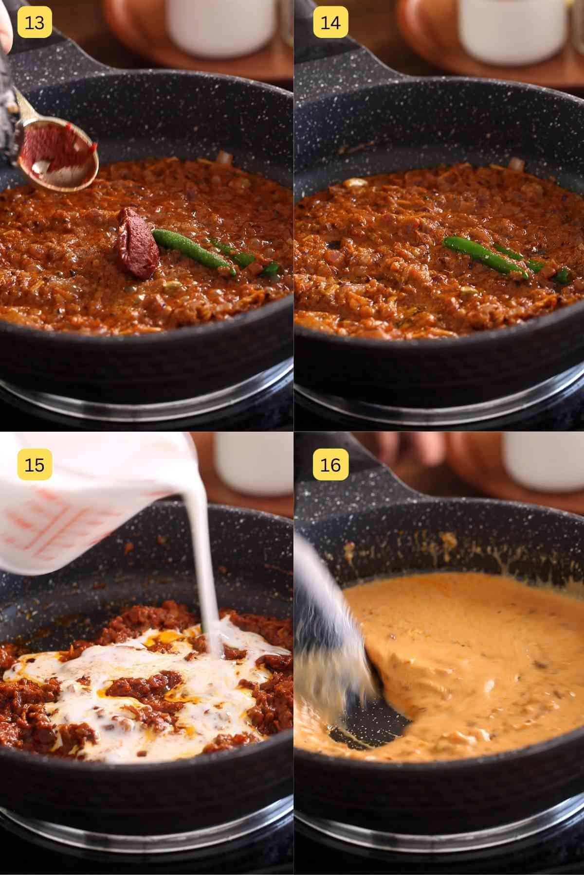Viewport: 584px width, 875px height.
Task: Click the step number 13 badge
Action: coord(34,23)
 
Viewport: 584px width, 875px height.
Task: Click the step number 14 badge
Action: coord(330,23)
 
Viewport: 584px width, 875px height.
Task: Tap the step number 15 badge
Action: coord(34,465)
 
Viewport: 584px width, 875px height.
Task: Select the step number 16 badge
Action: coord(330,465)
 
